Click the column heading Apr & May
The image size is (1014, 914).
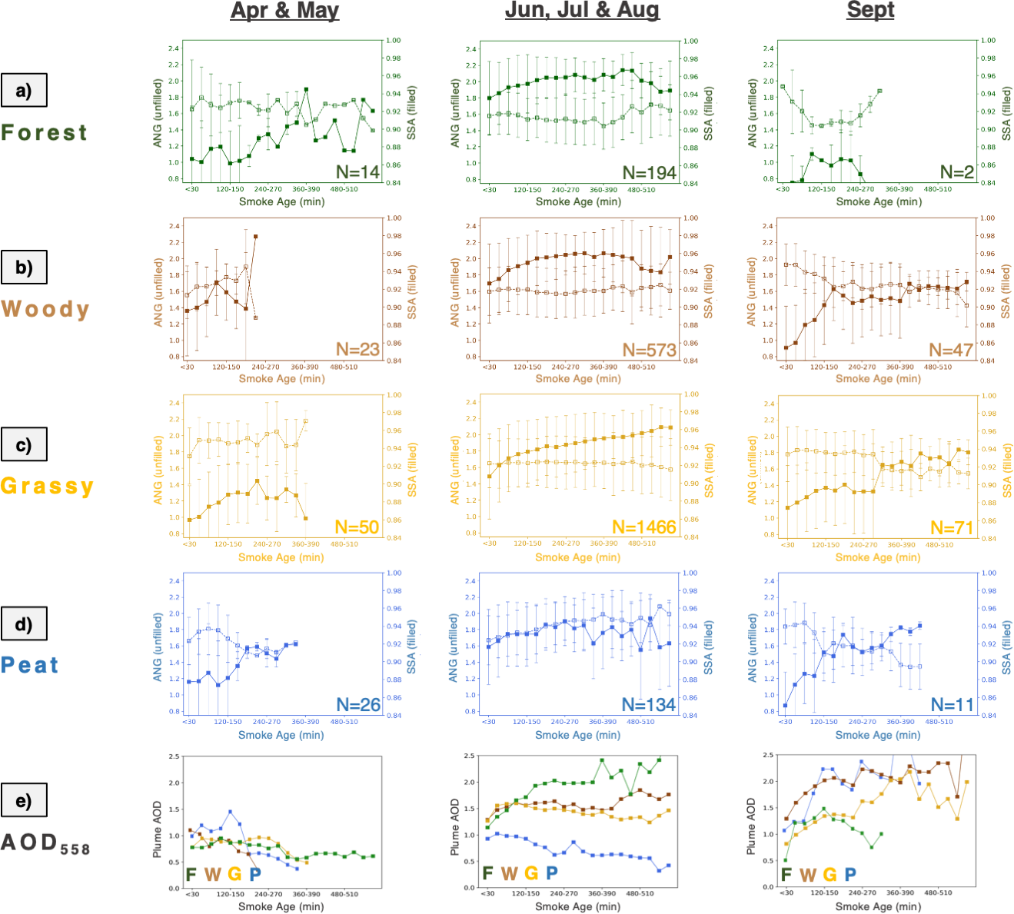point(284,11)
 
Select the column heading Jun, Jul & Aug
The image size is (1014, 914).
point(582,11)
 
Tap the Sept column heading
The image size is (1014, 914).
point(870,11)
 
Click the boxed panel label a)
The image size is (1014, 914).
point(24,90)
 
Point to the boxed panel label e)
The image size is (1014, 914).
point(24,799)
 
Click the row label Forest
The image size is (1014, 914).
point(44,132)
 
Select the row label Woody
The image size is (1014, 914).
point(45,309)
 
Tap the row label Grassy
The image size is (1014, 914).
point(47,486)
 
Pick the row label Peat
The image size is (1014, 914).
point(30,665)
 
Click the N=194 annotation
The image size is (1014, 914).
point(650,173)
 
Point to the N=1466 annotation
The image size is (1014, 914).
point(644,527)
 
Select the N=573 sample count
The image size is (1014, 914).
point(650,350)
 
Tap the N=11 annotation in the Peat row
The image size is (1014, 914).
point(952,705)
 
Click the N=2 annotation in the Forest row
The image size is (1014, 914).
point(958,172)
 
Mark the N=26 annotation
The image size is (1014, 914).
point(358,705)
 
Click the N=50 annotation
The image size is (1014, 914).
point(357,527)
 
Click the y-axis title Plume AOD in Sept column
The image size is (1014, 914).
point(751,826)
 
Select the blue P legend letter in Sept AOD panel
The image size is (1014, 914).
point(850,874)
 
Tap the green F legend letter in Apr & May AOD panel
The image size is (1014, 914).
point(191,874)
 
